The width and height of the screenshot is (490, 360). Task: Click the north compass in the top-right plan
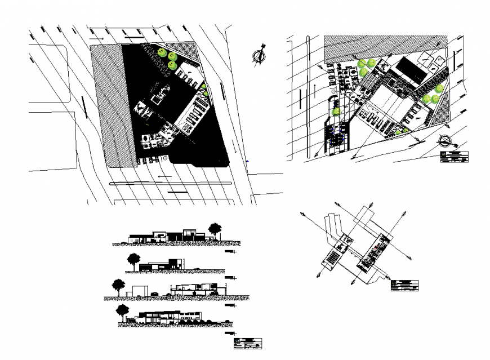point(444,140)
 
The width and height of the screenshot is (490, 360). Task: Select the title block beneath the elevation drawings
point(248,343)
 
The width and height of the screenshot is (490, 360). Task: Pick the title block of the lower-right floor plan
point(406,286)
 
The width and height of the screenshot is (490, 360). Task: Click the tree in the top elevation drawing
point(215,229)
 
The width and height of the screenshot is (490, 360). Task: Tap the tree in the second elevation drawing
point(134,260)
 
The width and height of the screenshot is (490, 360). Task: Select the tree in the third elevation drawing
point(118,285)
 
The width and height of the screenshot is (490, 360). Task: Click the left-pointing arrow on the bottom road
point(164,177)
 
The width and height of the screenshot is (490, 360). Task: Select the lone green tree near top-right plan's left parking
point(337,112)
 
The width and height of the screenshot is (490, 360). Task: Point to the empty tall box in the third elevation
point(137,291)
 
